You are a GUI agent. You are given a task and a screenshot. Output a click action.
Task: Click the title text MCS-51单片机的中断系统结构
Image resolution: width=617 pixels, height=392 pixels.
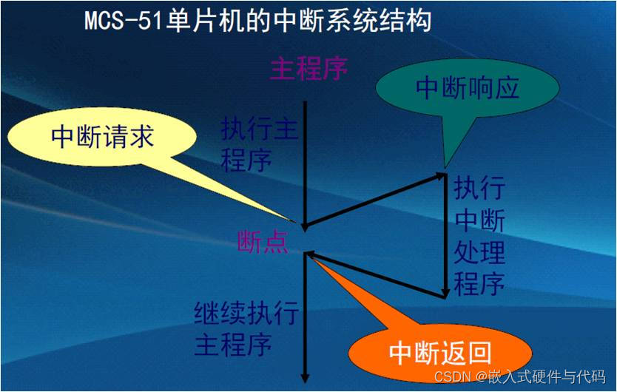pyautogui.click(x=257, y=21)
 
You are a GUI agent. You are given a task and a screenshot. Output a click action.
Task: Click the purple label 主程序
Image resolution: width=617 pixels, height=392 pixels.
pyautogui.click(x=309, y=69)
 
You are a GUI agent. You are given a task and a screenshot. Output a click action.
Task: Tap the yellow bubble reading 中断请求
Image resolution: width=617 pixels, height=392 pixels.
pyautogui.click(x=101, y=137)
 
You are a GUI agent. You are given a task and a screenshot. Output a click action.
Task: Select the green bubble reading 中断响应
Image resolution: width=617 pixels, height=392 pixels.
pyautogui.click(x=468, y=88)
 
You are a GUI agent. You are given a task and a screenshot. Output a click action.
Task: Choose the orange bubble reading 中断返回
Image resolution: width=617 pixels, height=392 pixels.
pyautogui.click(x=440, y=351)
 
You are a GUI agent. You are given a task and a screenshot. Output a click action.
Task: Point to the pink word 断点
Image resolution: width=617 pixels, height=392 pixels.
pyautogui.click(x=263, y=241)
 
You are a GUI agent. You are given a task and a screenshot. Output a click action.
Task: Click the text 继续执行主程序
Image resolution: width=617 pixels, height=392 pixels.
pyautogui.click(x=246, y=329)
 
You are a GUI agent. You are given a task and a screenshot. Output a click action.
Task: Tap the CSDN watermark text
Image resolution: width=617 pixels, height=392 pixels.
pyautogui.click(x=519, y=376)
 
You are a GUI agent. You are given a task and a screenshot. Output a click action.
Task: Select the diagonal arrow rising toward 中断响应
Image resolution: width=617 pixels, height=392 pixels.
pyautogui.click(x=374, y=200)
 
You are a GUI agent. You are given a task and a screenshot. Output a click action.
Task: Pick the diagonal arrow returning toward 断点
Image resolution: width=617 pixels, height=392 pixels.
pyautogui.click(x=376, y=274)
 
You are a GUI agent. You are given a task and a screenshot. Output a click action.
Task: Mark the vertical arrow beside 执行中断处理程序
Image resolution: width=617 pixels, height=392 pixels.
pyautogui.click(x=445, y=236)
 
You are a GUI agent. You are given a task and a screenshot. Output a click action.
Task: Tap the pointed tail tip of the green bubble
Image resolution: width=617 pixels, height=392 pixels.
pyautogui.click(x=445, y=168)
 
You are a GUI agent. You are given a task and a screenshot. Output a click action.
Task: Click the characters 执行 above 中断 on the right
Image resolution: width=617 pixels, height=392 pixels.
pyautogui.click(x=479, y=189)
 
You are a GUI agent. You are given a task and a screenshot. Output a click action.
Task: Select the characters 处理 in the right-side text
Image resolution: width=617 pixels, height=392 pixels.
pyautogui.click(x=479, y=252)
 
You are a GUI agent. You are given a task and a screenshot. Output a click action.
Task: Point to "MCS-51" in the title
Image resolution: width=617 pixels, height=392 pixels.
pyautogui.click(x=123, y=21)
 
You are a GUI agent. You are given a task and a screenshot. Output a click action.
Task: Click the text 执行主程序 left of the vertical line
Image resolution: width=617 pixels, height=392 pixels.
pyautogui.click(x=259, y=145)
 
